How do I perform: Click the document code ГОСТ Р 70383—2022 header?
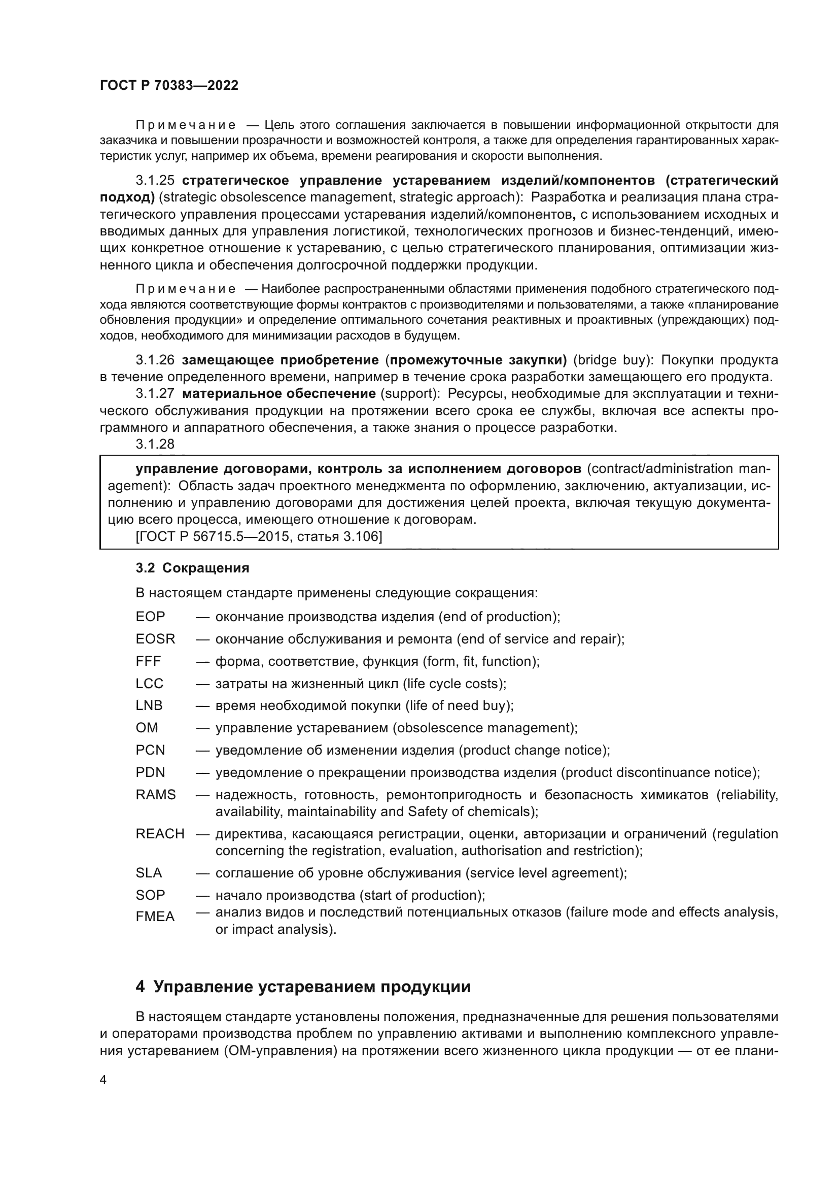coord(169,85)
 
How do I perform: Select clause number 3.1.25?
coord(155,181)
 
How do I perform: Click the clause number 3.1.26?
coord(155,360)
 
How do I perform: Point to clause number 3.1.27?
coord(155,393)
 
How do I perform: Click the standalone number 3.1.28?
coord(155,444)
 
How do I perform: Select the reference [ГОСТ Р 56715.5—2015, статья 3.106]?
coord(259,536)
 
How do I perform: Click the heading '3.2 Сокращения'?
coord(192,568)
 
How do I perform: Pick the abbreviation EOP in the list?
coord(150,617)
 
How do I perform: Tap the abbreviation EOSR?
coord(156,639)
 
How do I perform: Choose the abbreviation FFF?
coord(148,661)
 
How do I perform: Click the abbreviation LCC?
coord(149,684)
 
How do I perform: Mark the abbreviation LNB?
coord(149,706)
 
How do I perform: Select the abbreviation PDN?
coord(150,772)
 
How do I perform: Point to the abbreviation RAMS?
coord(156,795)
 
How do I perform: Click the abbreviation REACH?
coord(160,834)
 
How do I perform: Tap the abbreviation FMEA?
coord(155,917)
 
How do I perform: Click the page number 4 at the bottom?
coord(103,1079)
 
